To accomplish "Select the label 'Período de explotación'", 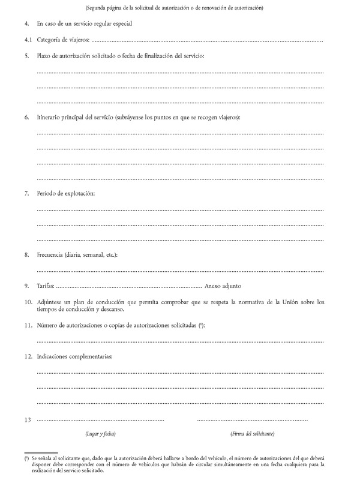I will [65, 193].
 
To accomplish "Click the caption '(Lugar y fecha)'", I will [100, 433].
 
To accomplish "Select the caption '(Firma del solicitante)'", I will [252, 433].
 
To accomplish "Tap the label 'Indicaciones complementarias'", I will [74, 356].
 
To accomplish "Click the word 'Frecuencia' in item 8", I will [52, 254].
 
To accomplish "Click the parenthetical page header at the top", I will [174, 8].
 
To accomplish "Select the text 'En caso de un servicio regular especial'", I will [84, 24].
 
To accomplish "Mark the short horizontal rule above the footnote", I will [41, 453].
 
